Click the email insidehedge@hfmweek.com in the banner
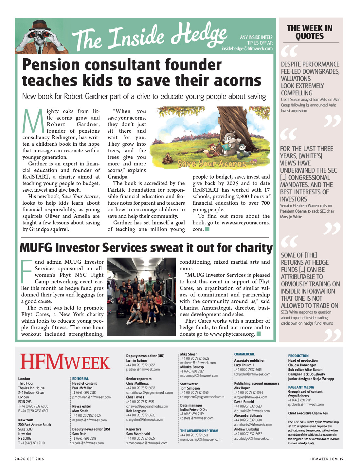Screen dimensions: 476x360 247,48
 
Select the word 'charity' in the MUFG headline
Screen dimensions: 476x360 254,248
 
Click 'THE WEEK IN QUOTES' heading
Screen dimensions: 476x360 309,32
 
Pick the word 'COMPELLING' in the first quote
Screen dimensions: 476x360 297,93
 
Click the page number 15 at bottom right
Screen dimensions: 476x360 341,459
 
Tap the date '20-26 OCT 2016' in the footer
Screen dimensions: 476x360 29,459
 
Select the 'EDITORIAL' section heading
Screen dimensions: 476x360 81,379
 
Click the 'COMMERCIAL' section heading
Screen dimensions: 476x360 244,354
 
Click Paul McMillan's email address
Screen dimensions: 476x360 91,397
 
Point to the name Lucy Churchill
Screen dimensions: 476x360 244,365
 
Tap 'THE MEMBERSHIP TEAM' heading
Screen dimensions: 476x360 199,431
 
